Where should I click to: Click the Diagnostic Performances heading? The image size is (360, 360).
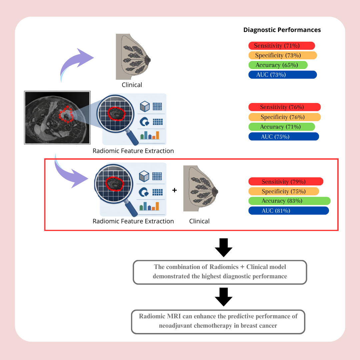[x=282, y=30]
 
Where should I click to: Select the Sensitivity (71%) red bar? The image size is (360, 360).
[x=282, y=46]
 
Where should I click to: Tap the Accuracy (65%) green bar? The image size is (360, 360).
[x=278, y=65]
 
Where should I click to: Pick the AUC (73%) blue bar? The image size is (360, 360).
[x=282, y=75]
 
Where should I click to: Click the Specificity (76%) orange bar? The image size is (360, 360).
[x=284, y=117]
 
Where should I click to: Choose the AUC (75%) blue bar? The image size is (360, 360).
[x=284, y=136]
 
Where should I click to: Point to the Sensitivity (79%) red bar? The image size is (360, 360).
[x=286, y=182]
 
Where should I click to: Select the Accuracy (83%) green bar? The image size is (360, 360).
[x=289, y=201]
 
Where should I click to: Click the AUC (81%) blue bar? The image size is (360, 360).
[x=289, y=211]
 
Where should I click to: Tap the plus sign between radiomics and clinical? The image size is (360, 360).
[x=174, y=190]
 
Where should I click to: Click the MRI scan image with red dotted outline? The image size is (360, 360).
[x=57, y=117]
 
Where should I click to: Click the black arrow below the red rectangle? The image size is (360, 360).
[x=224, y=248]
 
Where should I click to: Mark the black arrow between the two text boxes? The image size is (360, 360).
[x=224, y=297]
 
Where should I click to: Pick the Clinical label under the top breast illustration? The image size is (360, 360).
[x=132, y=85]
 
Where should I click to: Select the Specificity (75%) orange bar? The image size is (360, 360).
[x=284, y=191]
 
